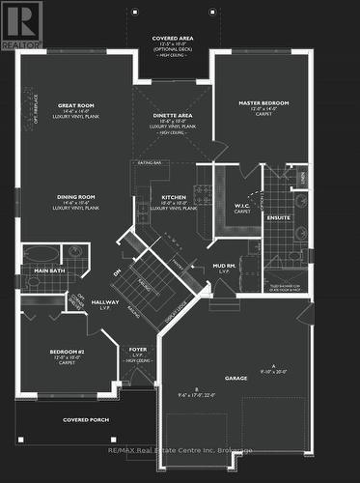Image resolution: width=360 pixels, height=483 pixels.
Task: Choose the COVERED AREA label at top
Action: [173, 39]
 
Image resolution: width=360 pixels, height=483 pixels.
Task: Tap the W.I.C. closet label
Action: [242, 205]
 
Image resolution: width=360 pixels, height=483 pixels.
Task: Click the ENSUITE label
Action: [278, 217]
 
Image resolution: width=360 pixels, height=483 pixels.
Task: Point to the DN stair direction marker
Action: [117, 272]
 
